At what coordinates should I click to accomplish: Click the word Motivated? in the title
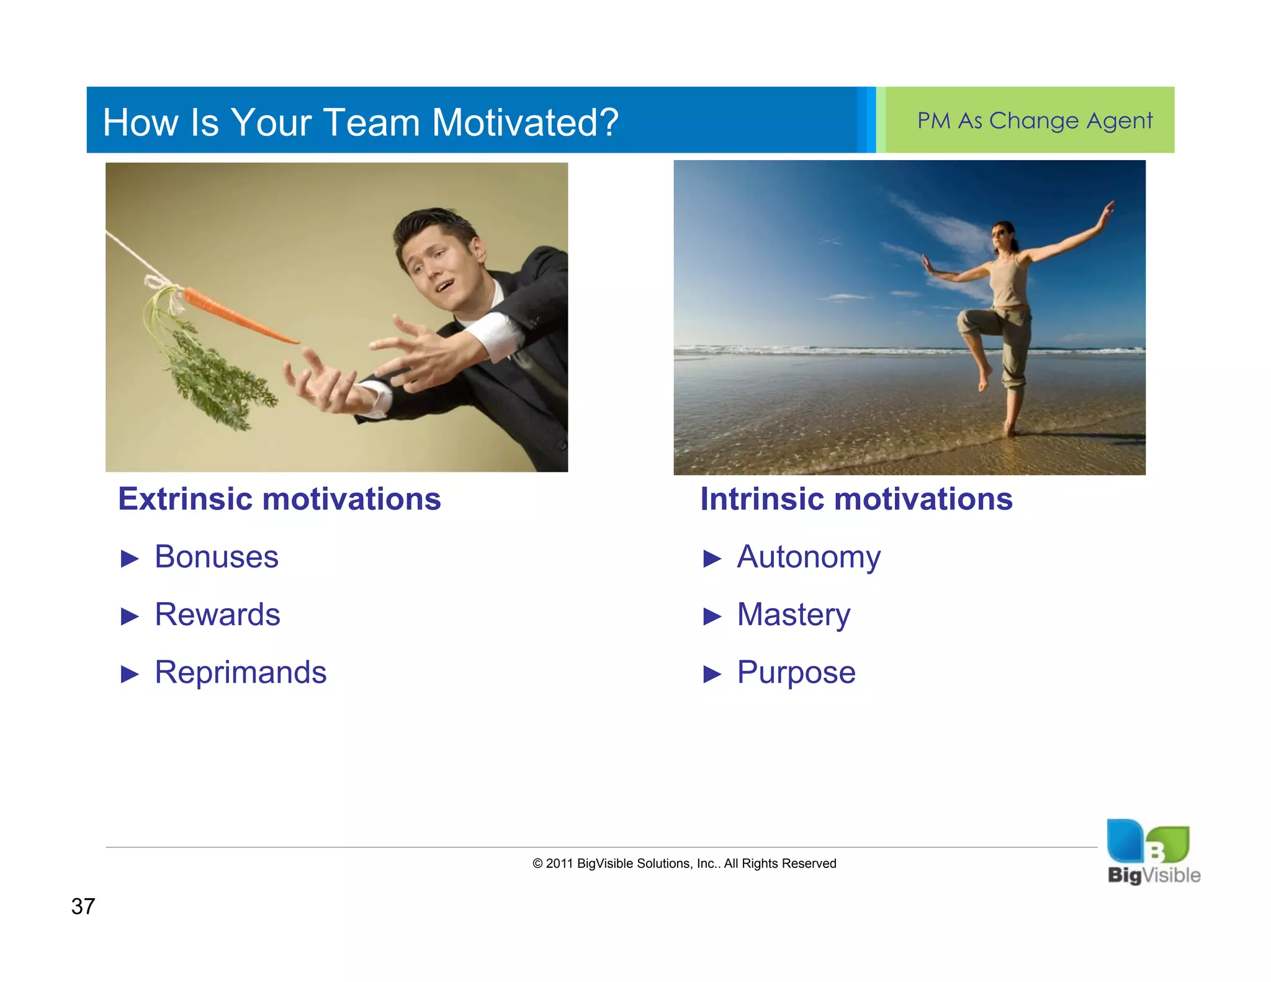click(524, 122)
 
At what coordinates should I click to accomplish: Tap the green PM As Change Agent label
click(1035, 120)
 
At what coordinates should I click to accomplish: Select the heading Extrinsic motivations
click(279, 499)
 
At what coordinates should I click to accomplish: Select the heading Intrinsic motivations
click(856, 499)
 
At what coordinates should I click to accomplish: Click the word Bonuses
click(216, 557)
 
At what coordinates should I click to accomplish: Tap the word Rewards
click(217, 615)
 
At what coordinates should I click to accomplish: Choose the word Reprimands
click(240, 672)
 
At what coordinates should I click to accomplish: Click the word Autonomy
click(808, 557)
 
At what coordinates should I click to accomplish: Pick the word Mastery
click(793, 615)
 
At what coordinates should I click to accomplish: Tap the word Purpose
click(796, 672)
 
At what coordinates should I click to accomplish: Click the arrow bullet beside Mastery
click(712, 616)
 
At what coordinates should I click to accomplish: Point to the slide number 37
click(83, 906)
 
